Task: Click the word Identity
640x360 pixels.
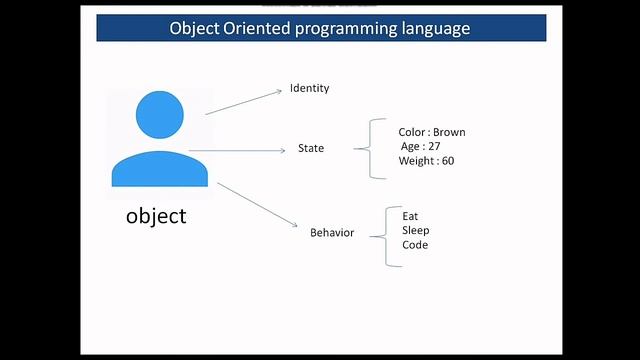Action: click(309, 88)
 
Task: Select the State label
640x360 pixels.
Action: click(311, 149)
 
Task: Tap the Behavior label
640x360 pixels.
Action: click(331, 233)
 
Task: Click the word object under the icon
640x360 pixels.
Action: click(156, 215)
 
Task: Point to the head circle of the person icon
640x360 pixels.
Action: click(159, 114)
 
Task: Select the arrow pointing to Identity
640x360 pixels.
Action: click(244, 101)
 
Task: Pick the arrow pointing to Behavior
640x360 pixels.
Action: click(258, 206)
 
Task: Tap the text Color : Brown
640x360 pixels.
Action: click(431, 132)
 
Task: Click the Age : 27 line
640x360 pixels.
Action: click(420, 146)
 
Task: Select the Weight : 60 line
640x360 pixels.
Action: click(427, 161)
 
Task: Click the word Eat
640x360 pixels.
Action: click(410, 216)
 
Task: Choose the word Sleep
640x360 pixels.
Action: click(415, 231)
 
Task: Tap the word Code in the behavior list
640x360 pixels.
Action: click(414, 245)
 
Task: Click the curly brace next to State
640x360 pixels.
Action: click(375, 149)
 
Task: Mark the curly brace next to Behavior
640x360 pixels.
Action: click(390, 235)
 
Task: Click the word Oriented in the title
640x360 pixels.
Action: click(266, 28)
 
